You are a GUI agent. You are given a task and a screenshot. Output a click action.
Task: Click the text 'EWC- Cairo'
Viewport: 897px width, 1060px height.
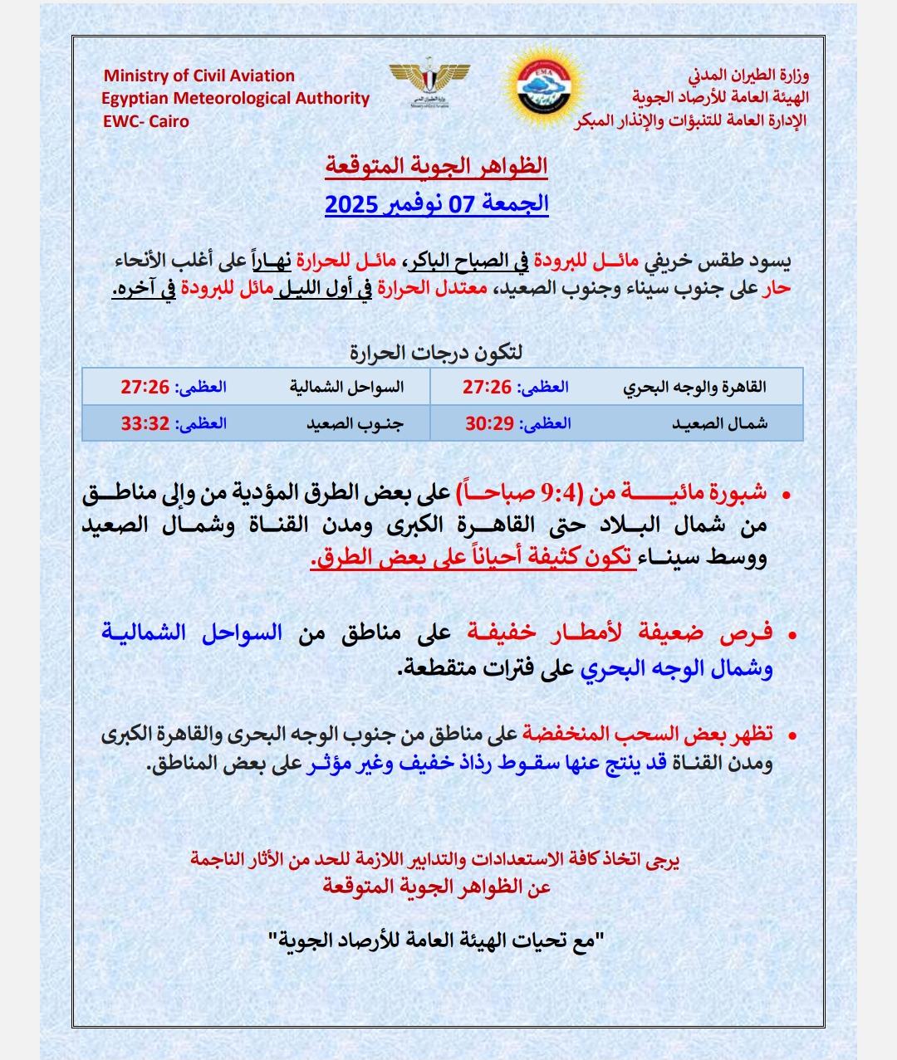pos(145,121)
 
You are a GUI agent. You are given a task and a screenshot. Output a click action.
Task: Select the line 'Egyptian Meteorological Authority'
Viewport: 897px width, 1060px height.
pos(235,98)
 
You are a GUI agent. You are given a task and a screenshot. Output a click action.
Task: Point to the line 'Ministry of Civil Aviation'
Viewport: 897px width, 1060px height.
pos(199,76)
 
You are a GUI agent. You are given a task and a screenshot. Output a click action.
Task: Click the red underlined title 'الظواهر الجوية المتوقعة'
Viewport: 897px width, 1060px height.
pos(436,165)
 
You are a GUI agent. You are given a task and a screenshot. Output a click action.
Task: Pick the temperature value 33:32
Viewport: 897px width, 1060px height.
pos(145,423)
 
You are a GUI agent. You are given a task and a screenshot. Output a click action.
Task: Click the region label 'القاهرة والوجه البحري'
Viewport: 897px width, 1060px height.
pos(694,387)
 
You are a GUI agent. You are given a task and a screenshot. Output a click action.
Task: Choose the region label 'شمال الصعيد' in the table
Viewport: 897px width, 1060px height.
pos(719,423)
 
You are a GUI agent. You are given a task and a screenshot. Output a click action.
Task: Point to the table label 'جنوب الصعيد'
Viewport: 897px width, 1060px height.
pos(355,423)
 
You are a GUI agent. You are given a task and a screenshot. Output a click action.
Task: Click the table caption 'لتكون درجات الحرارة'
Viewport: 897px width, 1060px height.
pos(436,352)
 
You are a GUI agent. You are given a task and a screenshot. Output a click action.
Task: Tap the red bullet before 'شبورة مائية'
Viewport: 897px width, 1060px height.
pos(786,496)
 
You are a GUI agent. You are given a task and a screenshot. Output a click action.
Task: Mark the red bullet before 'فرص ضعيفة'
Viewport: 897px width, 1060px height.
pos(790,635)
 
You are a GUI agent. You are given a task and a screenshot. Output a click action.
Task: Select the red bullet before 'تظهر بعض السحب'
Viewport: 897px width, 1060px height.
pos(791,736)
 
